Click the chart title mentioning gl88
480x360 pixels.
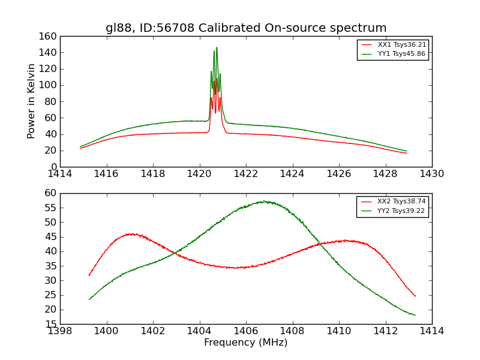click(246, 28)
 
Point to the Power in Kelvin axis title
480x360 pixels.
click(31, 102)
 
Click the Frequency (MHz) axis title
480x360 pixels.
click(246, 343)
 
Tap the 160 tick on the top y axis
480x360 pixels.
click(49, 37)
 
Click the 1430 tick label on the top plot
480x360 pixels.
click(431, 174)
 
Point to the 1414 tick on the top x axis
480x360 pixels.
click(61, 174)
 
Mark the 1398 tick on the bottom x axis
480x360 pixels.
click(61, 331)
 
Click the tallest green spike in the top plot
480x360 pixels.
click(217, 48)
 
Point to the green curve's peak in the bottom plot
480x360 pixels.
click(263, 201)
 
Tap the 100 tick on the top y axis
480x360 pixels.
click(49, 85)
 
